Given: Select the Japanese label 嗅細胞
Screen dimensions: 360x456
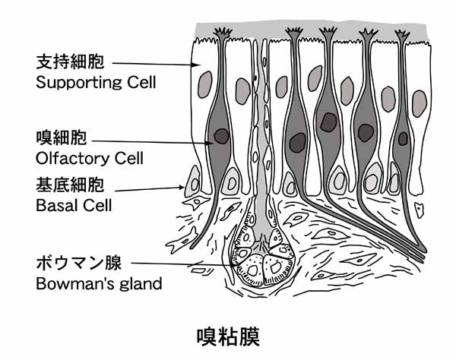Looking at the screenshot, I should pos(61,138).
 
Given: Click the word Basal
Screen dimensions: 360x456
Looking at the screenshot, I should pos(54,205).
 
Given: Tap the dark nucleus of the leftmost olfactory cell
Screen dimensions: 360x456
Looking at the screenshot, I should pos(222,137).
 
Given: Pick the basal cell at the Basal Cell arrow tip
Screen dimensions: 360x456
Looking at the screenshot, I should pos(193,183).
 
